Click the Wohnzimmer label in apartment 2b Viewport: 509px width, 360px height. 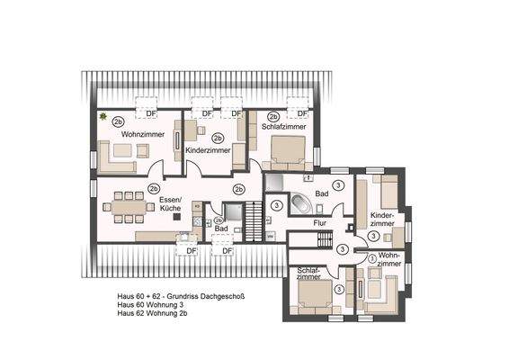coord(117,134)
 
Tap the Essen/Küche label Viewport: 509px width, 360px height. coord(170,203)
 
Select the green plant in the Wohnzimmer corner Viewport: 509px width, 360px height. coord(104,117)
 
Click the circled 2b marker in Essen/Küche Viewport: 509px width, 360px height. coord(154,189)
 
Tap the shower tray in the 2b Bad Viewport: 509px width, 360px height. coord(232,214)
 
